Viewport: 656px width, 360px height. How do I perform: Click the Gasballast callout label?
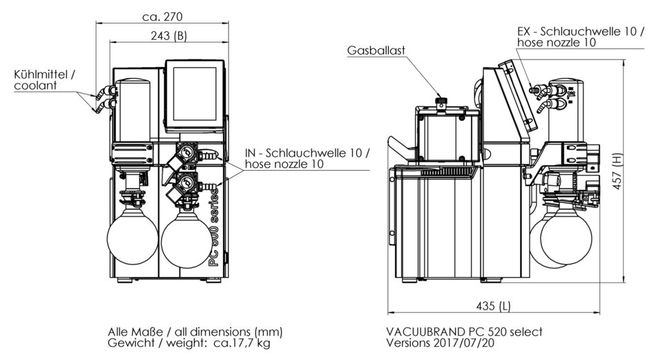tap(376, 50)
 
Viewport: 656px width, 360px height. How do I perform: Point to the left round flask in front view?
tap(133, 238)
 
